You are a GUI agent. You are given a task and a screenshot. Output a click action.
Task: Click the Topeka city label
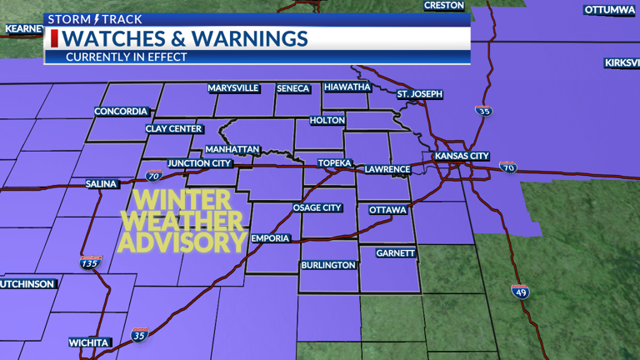click(x=334, y=163)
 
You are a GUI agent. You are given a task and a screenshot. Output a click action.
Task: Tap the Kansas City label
click(x=461, y=156)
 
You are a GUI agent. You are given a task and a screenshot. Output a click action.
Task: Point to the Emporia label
click(x=271, y=238)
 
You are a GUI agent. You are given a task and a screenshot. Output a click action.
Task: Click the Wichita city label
click(x=88, y=342)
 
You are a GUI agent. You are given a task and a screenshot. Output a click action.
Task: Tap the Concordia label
click(x=121, y=112)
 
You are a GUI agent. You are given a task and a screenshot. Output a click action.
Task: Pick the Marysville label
click(x=233, y=88)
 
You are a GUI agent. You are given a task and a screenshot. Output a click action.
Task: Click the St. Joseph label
click(x=419, y=94)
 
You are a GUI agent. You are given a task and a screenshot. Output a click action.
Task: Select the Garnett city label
click(x=395, y=252)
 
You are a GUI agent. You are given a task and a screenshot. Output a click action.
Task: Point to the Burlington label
click(x=329, y=266)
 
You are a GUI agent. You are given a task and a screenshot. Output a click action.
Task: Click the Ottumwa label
click(x=609, y=10)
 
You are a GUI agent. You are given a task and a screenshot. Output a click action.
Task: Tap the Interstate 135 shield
click(x=91, y=263)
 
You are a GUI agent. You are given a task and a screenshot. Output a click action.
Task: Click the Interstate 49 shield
click(x=520, y=292)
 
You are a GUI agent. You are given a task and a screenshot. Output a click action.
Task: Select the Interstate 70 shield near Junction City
click(x=153, y=176)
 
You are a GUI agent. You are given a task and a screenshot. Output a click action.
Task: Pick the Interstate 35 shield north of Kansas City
click(x=483, y=110)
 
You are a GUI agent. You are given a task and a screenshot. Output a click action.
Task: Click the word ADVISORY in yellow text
click(x=183, y=242)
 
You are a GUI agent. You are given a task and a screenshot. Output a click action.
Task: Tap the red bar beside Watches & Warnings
click(x=55, y=39)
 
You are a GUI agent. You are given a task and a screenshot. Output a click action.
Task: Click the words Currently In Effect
click(x=127, y=57)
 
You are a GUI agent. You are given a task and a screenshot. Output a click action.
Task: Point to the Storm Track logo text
click(x=95, y=19)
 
